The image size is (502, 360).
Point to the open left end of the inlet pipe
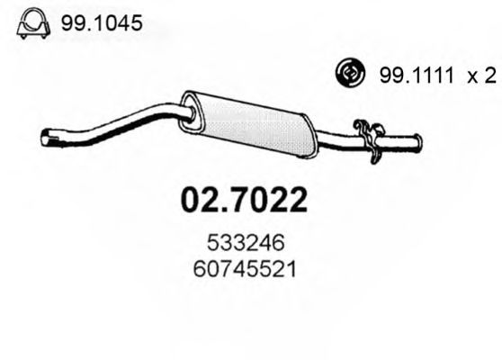coord(47,139)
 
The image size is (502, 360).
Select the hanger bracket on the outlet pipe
coord(366,140)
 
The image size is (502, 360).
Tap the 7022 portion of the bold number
coord(271,199)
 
